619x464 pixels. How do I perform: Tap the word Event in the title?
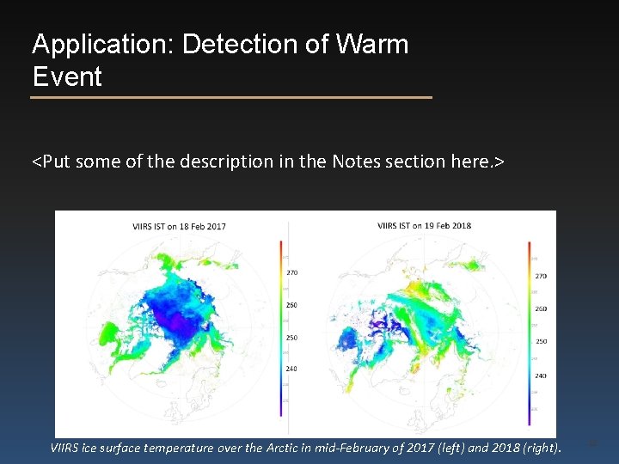click(x=67, y=77)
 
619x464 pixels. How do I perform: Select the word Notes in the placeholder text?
click(x=360, y=161)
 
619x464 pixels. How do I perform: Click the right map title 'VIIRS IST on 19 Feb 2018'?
click(x=424, y=226)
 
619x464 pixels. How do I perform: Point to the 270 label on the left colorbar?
click(x=291, y=272)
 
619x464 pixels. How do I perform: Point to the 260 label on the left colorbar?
click(x=291, y=305)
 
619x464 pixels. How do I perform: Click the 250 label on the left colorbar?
click(x=291, y=338)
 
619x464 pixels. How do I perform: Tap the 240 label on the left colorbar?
click(x=291, y=369)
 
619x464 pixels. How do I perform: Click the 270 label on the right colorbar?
click(x=541, y=277)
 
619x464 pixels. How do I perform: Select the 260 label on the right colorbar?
click(x=541, y=309)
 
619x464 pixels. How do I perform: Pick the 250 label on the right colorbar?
click(x=541, y=342)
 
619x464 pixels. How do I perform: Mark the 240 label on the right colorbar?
click(x=541, y=375)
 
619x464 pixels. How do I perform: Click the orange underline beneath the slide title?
click(x=230, y=98)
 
